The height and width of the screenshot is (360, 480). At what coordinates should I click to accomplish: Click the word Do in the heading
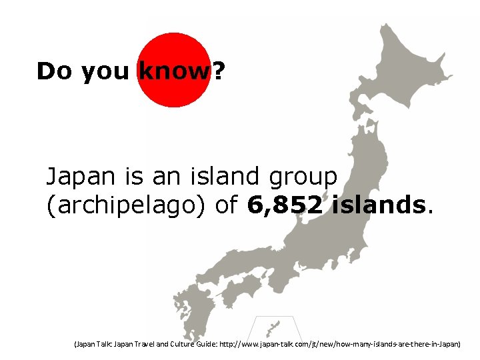[x=55, y=71]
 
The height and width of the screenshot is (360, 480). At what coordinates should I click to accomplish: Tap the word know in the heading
[x=173, y=71]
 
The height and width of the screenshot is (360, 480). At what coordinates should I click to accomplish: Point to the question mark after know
[x=218, y=71]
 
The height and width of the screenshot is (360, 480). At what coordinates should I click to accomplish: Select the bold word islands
[x=379, y=205]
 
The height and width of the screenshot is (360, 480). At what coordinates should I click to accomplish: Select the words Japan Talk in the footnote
[x=93, y=345]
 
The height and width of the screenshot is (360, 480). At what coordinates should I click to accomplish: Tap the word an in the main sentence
[x=163, y=177]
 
